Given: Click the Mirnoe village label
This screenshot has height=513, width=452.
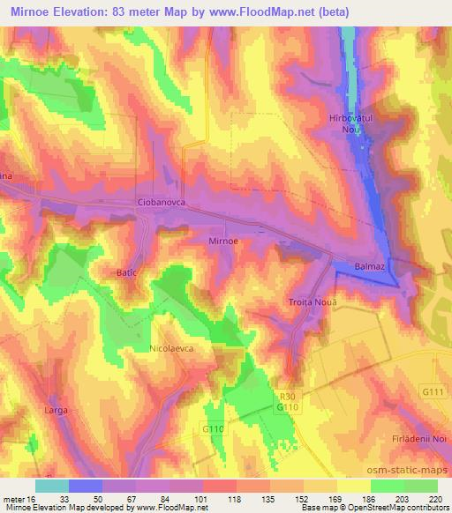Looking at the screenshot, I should tap(222, 240).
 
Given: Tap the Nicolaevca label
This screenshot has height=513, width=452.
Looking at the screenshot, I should tap(171, 348).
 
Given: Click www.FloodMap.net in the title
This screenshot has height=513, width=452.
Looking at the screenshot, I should tap(266, 12).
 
